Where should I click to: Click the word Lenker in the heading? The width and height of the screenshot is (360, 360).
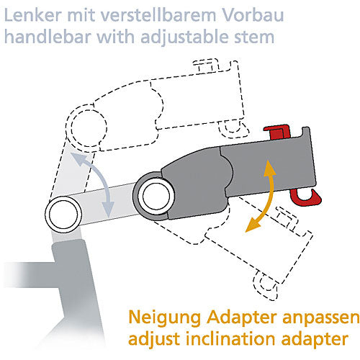point(33,15)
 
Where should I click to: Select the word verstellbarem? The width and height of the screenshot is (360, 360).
point(158,15)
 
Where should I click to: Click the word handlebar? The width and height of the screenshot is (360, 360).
point(48,37)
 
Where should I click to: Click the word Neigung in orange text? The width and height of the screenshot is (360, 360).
point(164,318)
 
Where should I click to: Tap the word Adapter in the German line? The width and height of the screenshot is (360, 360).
point(242,318)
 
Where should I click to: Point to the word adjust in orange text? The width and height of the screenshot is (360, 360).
point(154,340)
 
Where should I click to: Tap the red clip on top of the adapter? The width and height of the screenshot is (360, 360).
point(277,132)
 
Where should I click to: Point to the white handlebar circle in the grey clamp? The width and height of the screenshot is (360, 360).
point(156,196)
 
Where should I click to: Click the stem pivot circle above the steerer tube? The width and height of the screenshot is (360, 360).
point(64,215)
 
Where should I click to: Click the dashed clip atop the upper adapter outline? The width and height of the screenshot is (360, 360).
point(207,65)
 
